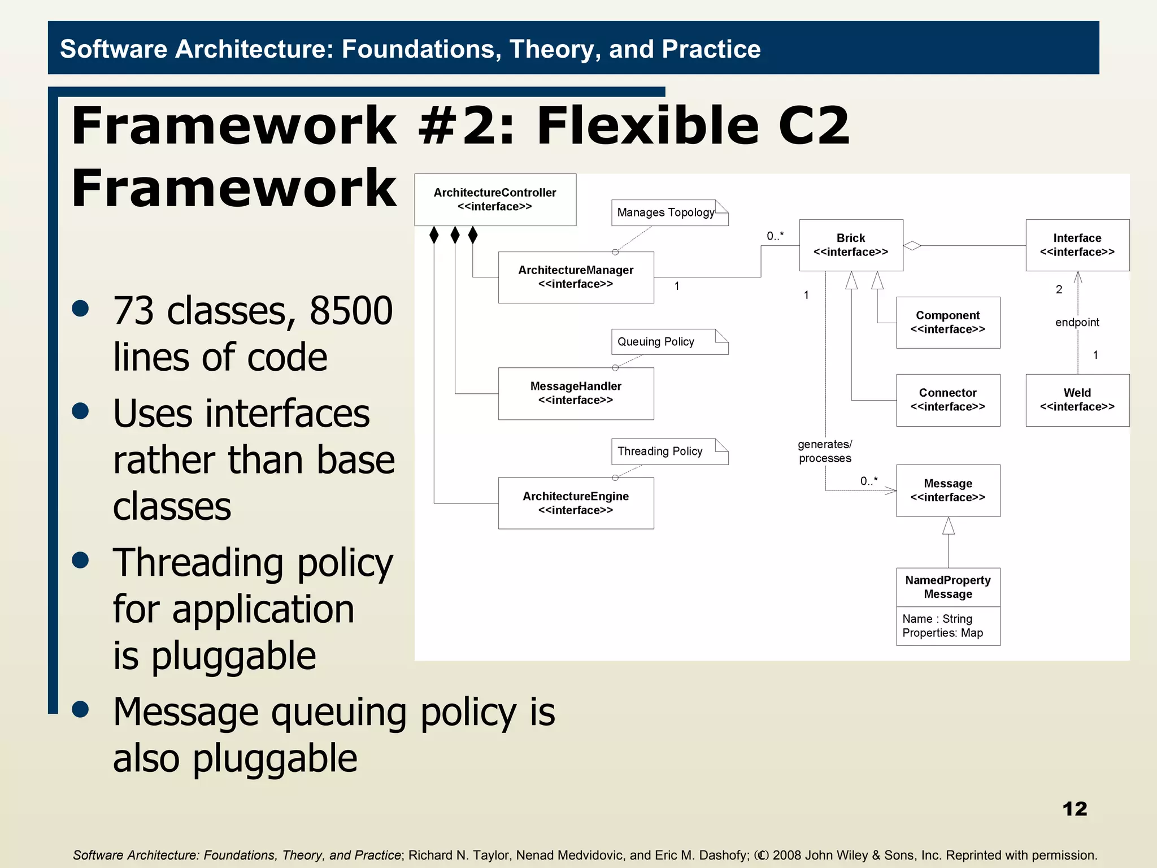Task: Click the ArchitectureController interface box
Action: pyautogui.click(x=495, y=199)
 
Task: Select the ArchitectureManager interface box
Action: pyautogui.click(x=576, y=277)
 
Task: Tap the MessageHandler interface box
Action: pyautogui.click(x=576, y=393)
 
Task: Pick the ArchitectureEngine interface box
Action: pyautogui.click(x=576, y=503)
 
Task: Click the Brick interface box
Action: pyautogui.click(x=851, y=245)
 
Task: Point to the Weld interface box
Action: pyautogui.click(x=1077, y=400)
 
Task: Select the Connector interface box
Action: pyautogui.click(x=947, y=400)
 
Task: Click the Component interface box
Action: pyautogui.click(x=947, y=322)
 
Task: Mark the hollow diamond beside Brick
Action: pyautogui.click(x=912, y=246)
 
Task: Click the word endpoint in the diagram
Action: pyautogui.click(x=1077, y=322)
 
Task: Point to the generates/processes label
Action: pyautogui.click(x=825, y=451)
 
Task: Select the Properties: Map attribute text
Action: pyautogui.click(x=942, y=633)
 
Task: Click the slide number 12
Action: pyautogui.click(x=1074, y=809)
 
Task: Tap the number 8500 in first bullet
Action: pyautogui.click(x=351, y=311)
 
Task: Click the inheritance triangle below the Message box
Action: pyautogui.click(x=949, y=526)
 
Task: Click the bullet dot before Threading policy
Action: pyautogui.click(x=81, y=560)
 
